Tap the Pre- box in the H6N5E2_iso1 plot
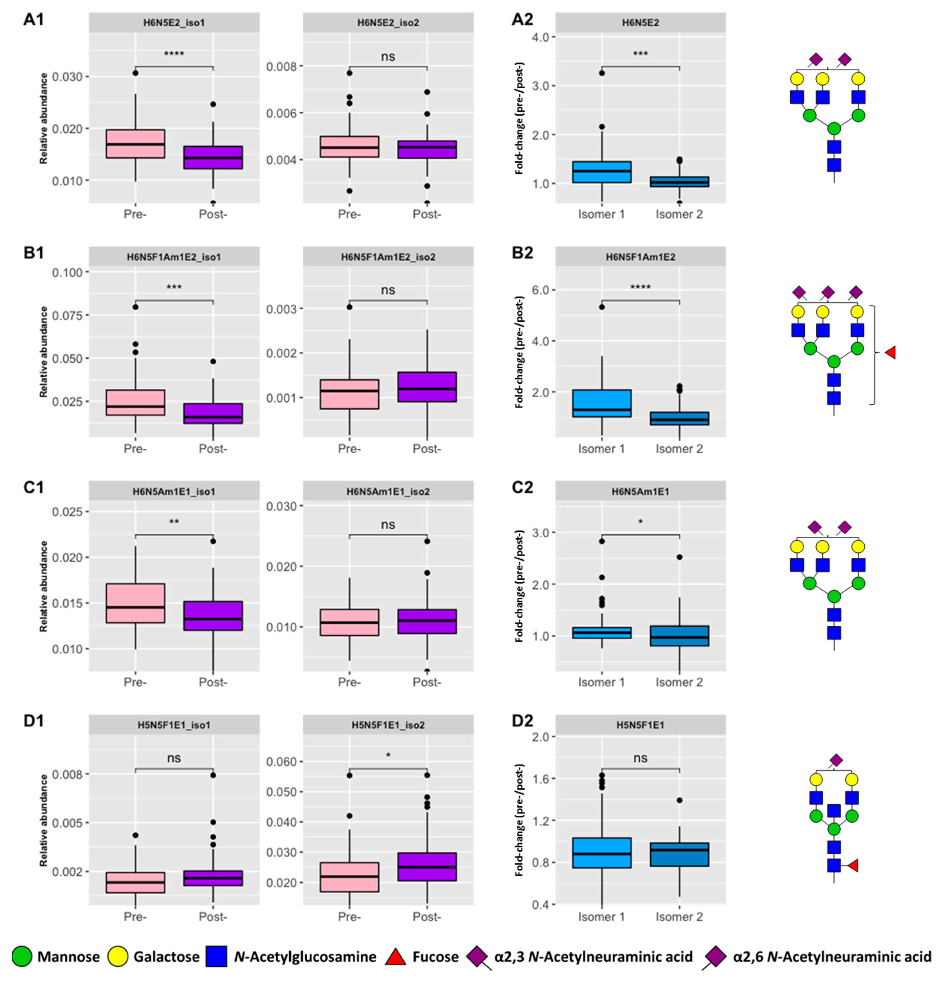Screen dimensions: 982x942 click(x=135, y=144)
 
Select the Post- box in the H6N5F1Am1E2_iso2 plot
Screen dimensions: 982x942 click(x=427, y=387)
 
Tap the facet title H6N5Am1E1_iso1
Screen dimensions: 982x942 click(x=174, y=491)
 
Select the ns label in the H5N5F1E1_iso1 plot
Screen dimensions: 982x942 click(x=174, y=758)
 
